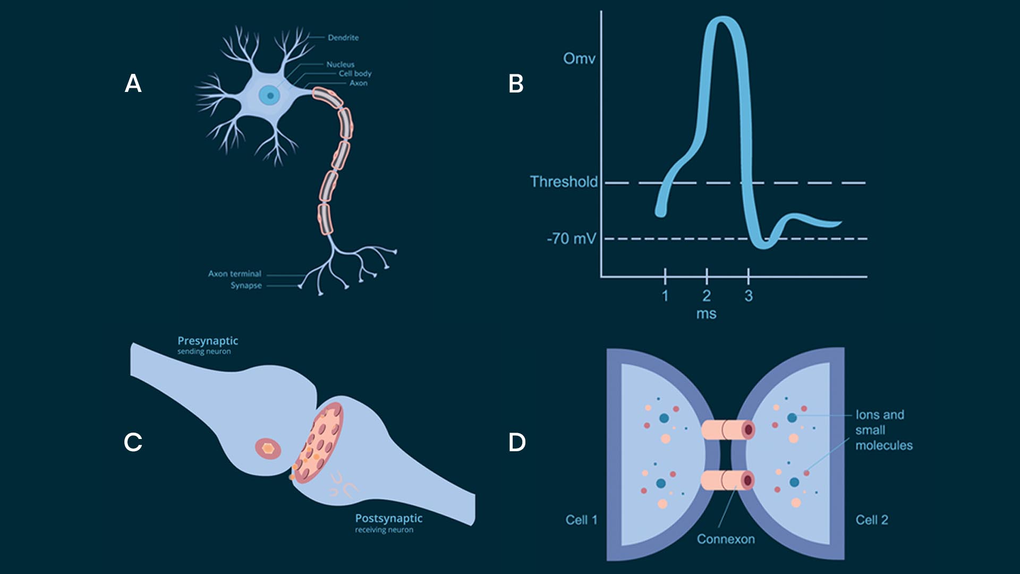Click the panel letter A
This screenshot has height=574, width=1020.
click(x=133, y=83)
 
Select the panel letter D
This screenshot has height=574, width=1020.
click(x=516, y=442)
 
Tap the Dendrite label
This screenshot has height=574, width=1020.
click(x=343, y=38)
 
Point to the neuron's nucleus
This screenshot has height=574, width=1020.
click(x=270, y=96)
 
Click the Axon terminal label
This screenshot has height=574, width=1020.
click(x=234, y=274)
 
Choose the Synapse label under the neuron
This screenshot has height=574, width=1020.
click(x=246, y=285)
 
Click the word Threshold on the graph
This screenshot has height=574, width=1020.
click(x=564, y=182)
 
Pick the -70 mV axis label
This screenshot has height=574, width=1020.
click(x=571, y=239)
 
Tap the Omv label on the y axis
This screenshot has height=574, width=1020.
click(x=579, y=58)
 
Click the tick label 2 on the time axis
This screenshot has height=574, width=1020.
click(x=707, y=296)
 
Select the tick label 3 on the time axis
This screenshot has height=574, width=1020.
click(x=749, y=296)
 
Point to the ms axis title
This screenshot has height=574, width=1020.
click(x=706, y=314)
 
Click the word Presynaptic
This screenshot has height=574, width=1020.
click(x=208, y=341)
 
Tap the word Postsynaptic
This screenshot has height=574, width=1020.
click(x=388, y=518)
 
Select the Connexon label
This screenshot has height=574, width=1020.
click(x=726, y=539)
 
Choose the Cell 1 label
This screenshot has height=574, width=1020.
click(x=581, y=520)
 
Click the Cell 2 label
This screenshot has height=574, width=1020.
click(x=872, y=520)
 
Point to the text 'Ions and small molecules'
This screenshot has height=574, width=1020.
click(x=883, y=430)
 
